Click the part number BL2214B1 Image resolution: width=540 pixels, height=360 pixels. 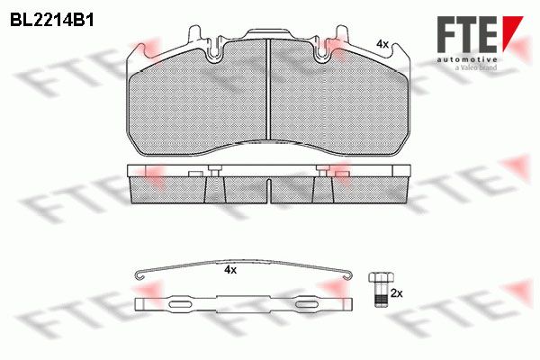[52, 21]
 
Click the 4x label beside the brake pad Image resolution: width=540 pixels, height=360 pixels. [382, 44]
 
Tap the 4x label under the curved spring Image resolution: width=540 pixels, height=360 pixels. [230, 270]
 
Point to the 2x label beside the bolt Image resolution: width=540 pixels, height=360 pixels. [397, 293]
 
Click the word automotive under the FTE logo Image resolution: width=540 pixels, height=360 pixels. [467, 59]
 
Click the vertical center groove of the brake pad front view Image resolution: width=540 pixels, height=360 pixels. [268, 91]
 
